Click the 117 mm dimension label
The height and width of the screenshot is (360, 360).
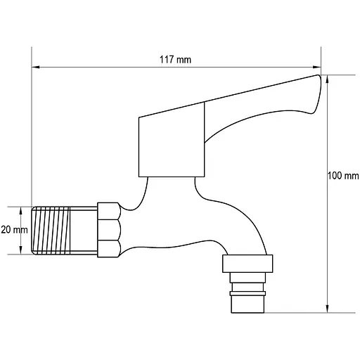coord(175,60)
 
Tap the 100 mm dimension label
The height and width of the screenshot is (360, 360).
coord(343,176)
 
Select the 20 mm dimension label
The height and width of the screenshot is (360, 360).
coord(14,230)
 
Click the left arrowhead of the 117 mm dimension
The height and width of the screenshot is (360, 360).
coord(36,67)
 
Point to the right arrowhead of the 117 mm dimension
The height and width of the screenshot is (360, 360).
coord(317,67)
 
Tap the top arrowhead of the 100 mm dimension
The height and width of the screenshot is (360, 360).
coord(328,79)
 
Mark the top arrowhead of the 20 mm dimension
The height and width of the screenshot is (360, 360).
coord(20,211)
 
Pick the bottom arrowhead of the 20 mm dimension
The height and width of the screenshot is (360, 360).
coord(20,250)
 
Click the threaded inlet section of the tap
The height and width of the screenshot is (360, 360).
coord(51,231)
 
